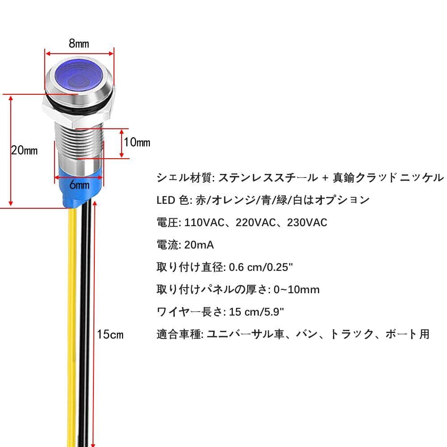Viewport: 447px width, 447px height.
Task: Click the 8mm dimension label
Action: tap(79, 43)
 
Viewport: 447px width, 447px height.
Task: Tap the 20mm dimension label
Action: tap(24, 151)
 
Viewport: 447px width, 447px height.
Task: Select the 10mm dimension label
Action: tap(137, 143)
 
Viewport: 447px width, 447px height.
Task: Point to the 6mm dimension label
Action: tap(79, 184)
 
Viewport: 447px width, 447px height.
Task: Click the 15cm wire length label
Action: tap(110, 334)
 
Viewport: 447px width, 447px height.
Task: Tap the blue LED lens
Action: tap(79, 75)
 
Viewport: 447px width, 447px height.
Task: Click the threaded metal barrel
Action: tap(79, 143)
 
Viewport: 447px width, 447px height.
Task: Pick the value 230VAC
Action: tap(307, 222)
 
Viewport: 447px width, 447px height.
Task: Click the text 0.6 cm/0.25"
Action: tap(261, 267)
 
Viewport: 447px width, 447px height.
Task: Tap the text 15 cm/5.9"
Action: tap(256, 312)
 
